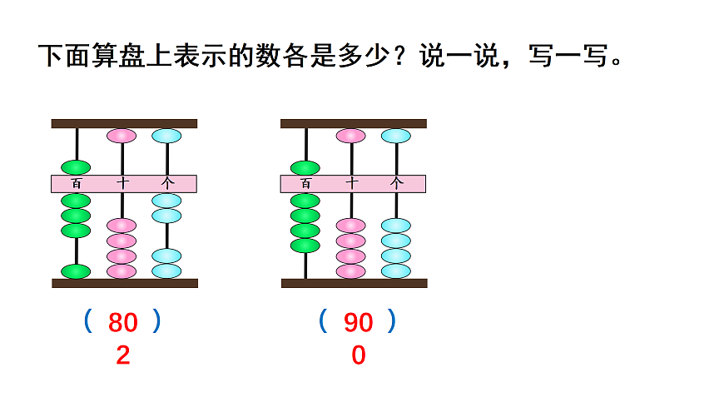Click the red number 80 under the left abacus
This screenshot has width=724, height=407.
click(x=123, y=322)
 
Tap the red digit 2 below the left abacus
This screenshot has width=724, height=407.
click(x=123, y=356)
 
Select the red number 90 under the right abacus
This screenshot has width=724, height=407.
click(x=359, y=322)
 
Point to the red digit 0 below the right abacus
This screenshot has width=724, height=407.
click(x=359, y=356)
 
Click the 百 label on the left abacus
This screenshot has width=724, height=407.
click(x=77, y=184)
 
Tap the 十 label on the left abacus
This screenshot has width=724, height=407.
click(x=121, y=184)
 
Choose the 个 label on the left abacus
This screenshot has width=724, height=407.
click(x=166, y=184)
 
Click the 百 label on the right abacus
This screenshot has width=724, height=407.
click(x=305, y=184)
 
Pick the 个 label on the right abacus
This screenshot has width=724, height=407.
click(x=396, y=184)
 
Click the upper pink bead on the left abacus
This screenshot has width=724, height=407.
click(x=121, y=136)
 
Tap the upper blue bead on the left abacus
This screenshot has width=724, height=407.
click(x=166, y=136)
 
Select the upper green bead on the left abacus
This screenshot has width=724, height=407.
click(x=77, y=167)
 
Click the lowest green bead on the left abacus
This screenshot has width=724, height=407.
click(x=77, y=271)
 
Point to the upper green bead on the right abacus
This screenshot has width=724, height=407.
click(x=305, y=167)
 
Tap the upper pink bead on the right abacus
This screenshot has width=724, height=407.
click(x=351, y=136)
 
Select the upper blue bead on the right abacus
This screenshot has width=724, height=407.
click(x=396, y=136)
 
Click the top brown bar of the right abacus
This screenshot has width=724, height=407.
click(x=354, y=123)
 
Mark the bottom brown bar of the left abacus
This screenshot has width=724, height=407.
click(x=125, y=283)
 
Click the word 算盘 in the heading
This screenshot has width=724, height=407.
click(x=121, y=57)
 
